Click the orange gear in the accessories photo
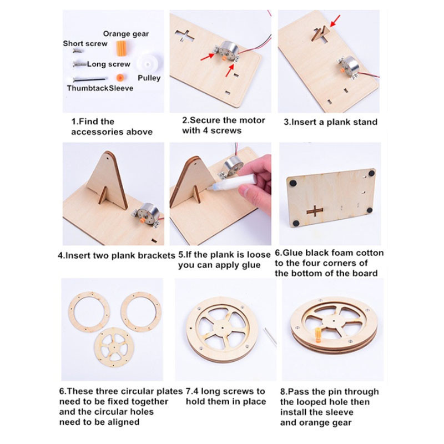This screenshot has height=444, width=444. [x=122, y=47]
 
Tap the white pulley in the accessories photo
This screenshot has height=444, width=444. [x=149, y=64]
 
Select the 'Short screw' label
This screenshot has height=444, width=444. [x=85, y=44]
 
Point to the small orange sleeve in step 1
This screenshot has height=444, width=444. [x=120, y=77]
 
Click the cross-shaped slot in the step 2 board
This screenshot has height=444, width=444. [x=184, y=36]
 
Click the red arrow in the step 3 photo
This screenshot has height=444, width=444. [x=335, y=21]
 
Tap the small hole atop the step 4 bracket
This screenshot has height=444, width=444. [x=108, y=156]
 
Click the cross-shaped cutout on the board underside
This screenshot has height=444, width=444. [x=315, y=211]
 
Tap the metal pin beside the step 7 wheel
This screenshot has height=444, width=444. [x=270, y=337]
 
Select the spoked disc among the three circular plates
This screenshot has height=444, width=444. [x=114, y=347]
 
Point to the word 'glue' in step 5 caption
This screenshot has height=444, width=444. [x=251, y=265]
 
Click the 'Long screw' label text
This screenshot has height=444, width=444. [x=109, y=64]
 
